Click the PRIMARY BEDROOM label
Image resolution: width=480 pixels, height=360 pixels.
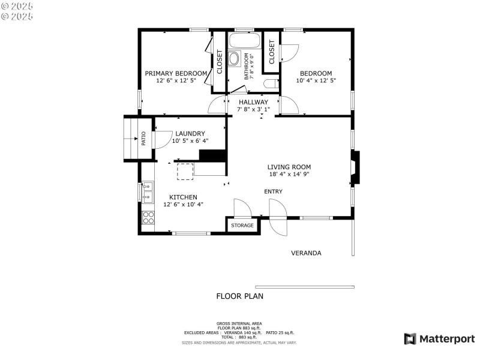[x=176, y=73]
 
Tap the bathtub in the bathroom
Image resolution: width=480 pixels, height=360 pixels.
[x=245, y=42]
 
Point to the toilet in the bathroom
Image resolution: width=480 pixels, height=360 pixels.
[x=271, y=84]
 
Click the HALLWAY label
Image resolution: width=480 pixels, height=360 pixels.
[x=253, y=102]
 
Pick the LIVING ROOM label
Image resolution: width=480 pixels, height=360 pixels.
[x=289, y=167]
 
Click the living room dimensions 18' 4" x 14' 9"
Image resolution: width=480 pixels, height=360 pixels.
[x=289, y=174]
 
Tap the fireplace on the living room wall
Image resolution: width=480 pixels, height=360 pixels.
[x=355, y=170]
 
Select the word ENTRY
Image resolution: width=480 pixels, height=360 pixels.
[x=273, y=191]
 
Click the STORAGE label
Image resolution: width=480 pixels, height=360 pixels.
[x=243, y=226]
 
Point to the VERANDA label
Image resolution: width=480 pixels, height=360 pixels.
[x=306, y=253]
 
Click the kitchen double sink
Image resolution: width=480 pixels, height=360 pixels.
[x=147, y=192]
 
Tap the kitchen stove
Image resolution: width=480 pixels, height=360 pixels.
[x=147, y=217]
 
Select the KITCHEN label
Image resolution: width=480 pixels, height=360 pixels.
[x=183, y=197]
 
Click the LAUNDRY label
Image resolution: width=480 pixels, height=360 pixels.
[x=190, y=134]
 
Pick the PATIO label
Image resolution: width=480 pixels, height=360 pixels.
[x=143, y=139]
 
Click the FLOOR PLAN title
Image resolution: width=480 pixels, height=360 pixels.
[x=239, y=296]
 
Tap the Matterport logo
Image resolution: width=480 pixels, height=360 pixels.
[x=439, y=339]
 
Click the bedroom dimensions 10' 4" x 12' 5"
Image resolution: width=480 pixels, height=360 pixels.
[x=316, y=80]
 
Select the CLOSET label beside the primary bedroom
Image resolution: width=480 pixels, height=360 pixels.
[x=220, y=61]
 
